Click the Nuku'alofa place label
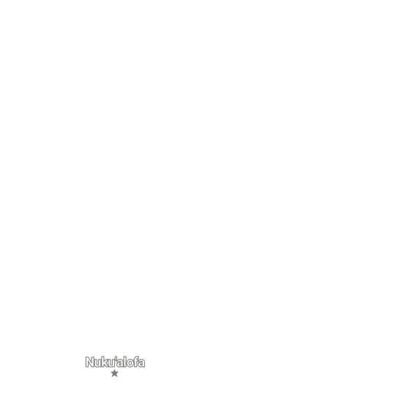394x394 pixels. click(115, 362)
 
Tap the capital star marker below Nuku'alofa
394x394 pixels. click(114, 373)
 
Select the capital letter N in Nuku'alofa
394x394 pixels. click(90, 362)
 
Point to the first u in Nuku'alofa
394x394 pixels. click(98, 363)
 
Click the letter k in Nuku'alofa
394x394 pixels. click(105, 362)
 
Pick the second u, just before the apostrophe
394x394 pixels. click(112, 363)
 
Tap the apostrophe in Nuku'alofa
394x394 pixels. click(116, 358)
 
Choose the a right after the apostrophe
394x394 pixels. click(121, 363)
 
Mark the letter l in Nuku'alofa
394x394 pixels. click(126, 362)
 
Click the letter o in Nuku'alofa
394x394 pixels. click(130, 363)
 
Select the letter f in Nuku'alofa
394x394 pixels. click(136, 362)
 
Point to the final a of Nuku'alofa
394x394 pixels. click(142, 363)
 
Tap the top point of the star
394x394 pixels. click(114, 370)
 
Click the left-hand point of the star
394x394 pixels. click(111, 372)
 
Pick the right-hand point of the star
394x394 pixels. click(119, 372)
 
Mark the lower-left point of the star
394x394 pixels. click(112, 377)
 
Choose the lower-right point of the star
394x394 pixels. click(117, 377)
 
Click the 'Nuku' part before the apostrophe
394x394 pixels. click(100, 362)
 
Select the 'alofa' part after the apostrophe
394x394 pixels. click(131, 362)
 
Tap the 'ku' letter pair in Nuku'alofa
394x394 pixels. click(109, 362)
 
